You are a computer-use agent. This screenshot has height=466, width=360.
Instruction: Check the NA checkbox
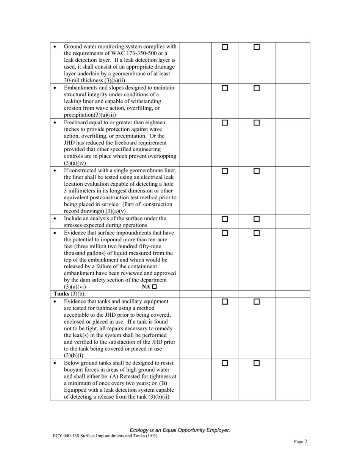pos(154,287)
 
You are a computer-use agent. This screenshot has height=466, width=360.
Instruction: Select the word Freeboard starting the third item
pos(76,122)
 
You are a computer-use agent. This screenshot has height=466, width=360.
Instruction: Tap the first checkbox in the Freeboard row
pos(225,123)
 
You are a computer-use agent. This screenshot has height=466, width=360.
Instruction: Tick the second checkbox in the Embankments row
pos(257,88)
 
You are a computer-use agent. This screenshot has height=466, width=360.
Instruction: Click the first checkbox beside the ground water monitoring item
pos(225,47)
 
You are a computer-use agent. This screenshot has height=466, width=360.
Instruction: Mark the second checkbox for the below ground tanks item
pos(257,363)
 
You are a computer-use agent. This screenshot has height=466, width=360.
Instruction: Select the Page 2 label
pos(300,441)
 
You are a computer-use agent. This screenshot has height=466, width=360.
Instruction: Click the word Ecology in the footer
pos(139,430)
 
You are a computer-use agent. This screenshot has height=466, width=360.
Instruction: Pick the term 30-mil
pos(72,81)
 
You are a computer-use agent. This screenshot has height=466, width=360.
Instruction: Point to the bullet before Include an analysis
pos(55,219)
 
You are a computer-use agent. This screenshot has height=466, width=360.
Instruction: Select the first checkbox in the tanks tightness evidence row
pos(225,302)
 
